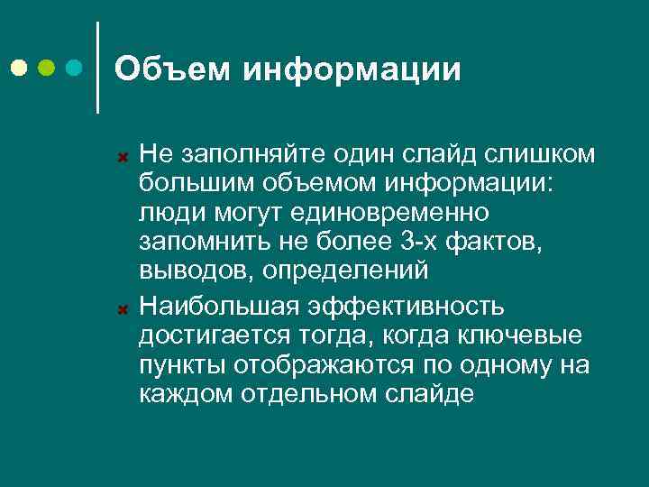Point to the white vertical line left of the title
97,67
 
